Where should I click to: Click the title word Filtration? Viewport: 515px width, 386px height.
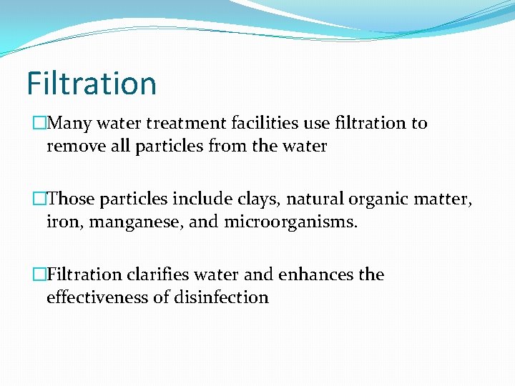(x=92, y=83)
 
